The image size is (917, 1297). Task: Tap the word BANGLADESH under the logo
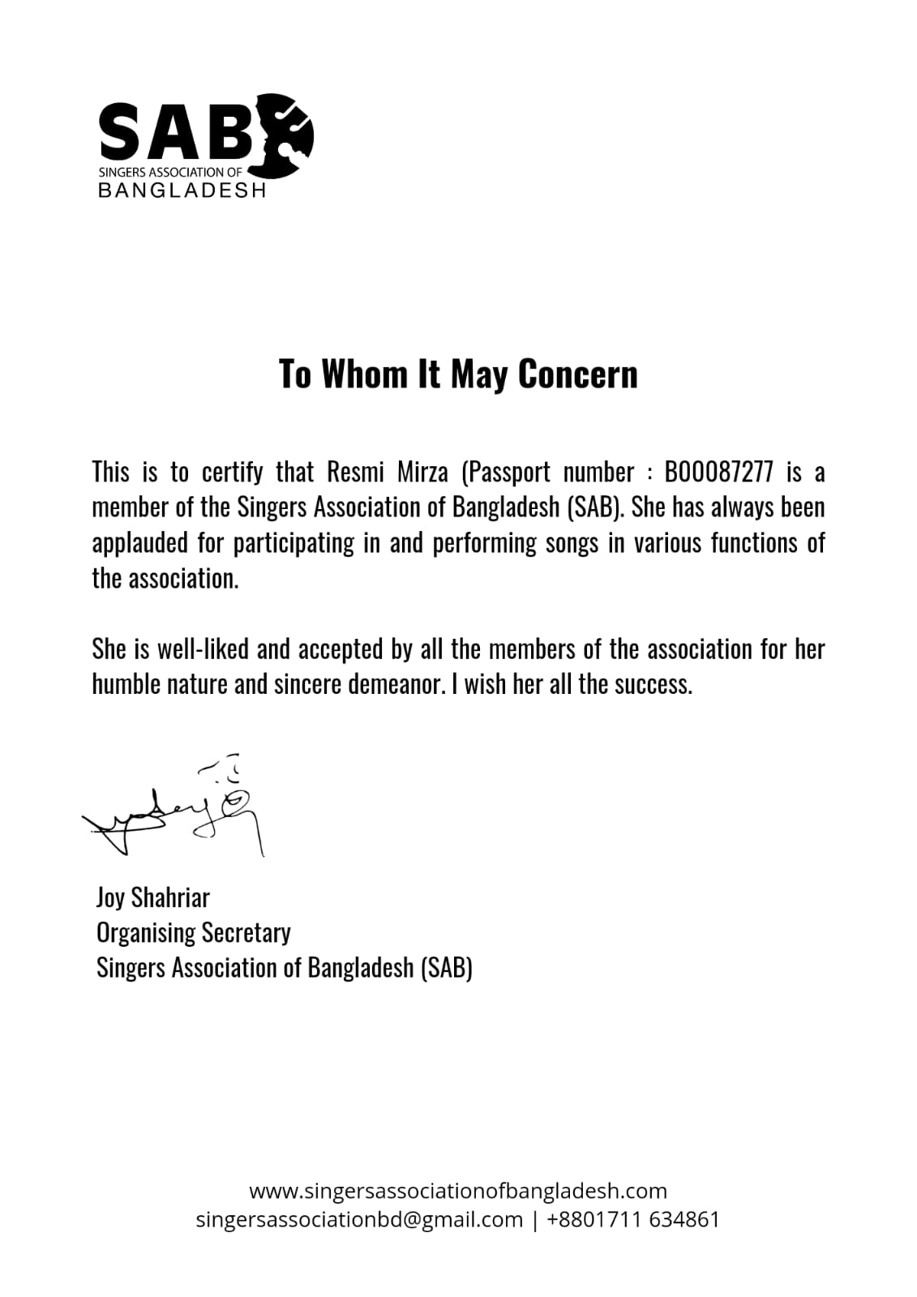(x=182, y=190)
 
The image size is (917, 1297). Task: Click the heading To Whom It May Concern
(x=458, y=374)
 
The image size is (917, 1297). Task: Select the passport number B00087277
(x=718, y=472)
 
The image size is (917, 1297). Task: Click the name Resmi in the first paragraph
(x=355, y=472)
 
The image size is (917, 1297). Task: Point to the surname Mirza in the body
(x=422, y=472)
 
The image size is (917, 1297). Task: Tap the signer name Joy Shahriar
(x=152, y=897)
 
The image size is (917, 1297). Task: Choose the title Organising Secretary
(x=193, y=933)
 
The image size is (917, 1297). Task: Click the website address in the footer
(x=457, y=1191)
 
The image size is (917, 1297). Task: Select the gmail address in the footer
(x=359, y=1219)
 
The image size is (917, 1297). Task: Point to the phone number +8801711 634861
(x=633, y=1219)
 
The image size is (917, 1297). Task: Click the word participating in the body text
(x=294, y=543)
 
